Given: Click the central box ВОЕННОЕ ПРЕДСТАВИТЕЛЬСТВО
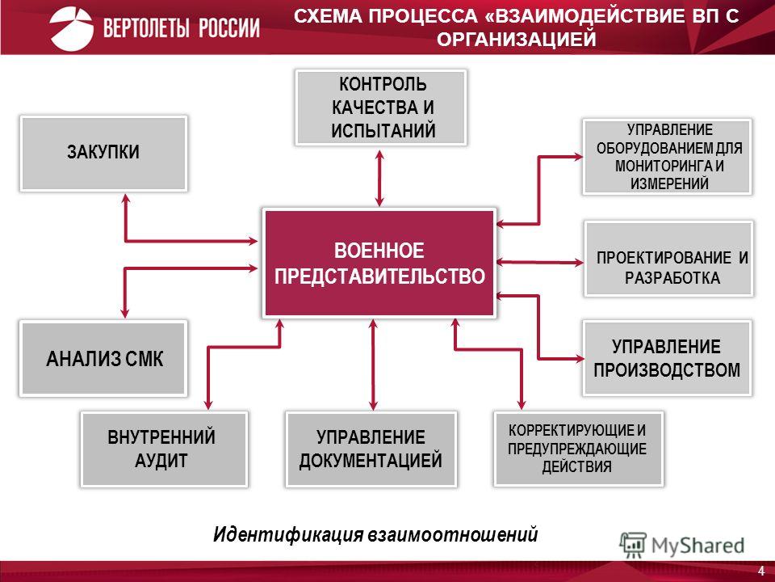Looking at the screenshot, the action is [379, 263].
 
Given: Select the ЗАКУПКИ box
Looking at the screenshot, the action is [103, 154].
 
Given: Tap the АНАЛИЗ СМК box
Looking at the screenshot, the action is [103, 358].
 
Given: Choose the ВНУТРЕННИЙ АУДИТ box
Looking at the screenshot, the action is [164, 449].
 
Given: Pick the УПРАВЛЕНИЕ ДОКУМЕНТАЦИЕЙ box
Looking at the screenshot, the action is [371, 449].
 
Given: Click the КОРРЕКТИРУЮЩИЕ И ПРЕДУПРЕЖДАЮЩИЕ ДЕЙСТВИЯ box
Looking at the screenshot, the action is [578, 449].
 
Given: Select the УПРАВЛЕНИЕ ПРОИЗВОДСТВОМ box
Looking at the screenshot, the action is [668, 358].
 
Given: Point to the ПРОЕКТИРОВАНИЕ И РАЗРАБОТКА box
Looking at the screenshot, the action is [668, 259].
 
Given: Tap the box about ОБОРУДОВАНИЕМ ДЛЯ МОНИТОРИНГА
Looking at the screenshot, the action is [668, 156].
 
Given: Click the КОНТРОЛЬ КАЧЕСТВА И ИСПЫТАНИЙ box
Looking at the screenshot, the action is [381, 108].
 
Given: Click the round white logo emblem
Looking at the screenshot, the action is [71, 28].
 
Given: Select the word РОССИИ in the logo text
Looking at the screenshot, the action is [229, 28].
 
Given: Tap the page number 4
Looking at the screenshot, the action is [761, 570].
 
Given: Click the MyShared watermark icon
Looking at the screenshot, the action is [633, 545].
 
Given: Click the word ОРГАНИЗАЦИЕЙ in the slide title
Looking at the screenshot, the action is [516, 39].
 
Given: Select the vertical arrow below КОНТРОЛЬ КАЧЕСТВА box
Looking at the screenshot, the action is [379, 178].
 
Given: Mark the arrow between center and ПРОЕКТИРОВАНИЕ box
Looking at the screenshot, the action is [540, 262].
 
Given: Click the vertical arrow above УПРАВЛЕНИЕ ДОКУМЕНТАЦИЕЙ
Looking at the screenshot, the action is [373, 365].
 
